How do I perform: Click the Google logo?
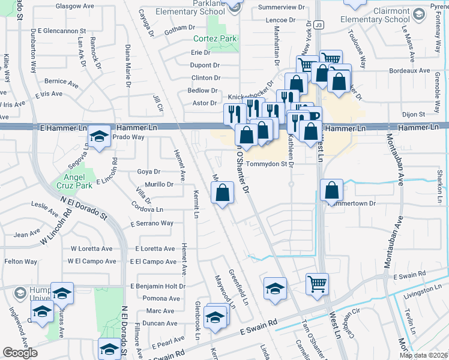pos(20,353)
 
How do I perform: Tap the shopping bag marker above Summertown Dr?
pos(332,191)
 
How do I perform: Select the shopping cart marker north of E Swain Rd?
pos(318,284)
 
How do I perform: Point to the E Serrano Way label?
pos(152,223)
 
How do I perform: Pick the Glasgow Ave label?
pos(74,5)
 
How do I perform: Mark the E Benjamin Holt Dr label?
pos(158,286)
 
